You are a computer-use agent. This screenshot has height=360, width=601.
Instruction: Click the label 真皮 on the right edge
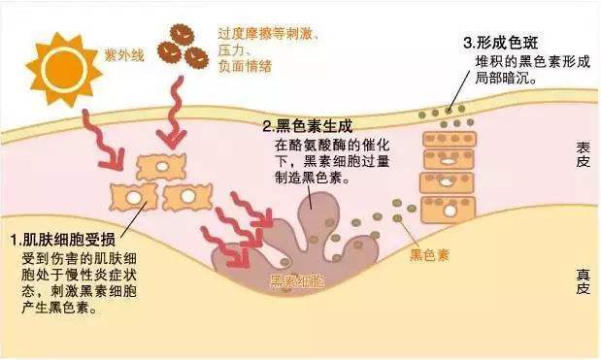coord(583,281)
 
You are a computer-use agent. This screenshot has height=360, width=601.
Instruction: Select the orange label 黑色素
coord(428,255)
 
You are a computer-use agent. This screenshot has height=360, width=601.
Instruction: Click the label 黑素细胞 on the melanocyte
coord(297,281)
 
